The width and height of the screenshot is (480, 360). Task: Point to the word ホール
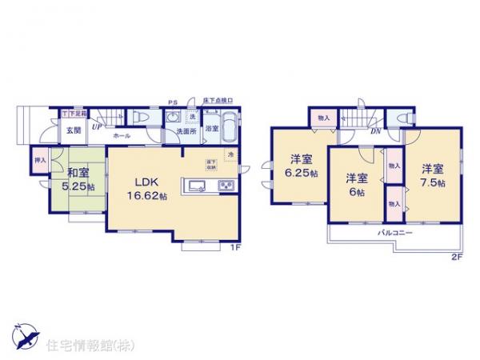[x=122, y=137]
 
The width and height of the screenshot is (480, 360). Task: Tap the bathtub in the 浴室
[x=230, y=126]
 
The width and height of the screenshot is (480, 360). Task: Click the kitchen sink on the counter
[x=197, y=187]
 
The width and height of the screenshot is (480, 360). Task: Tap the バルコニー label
[x=396, y=232]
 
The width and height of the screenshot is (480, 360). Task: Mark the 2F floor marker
[x=456, y=258]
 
